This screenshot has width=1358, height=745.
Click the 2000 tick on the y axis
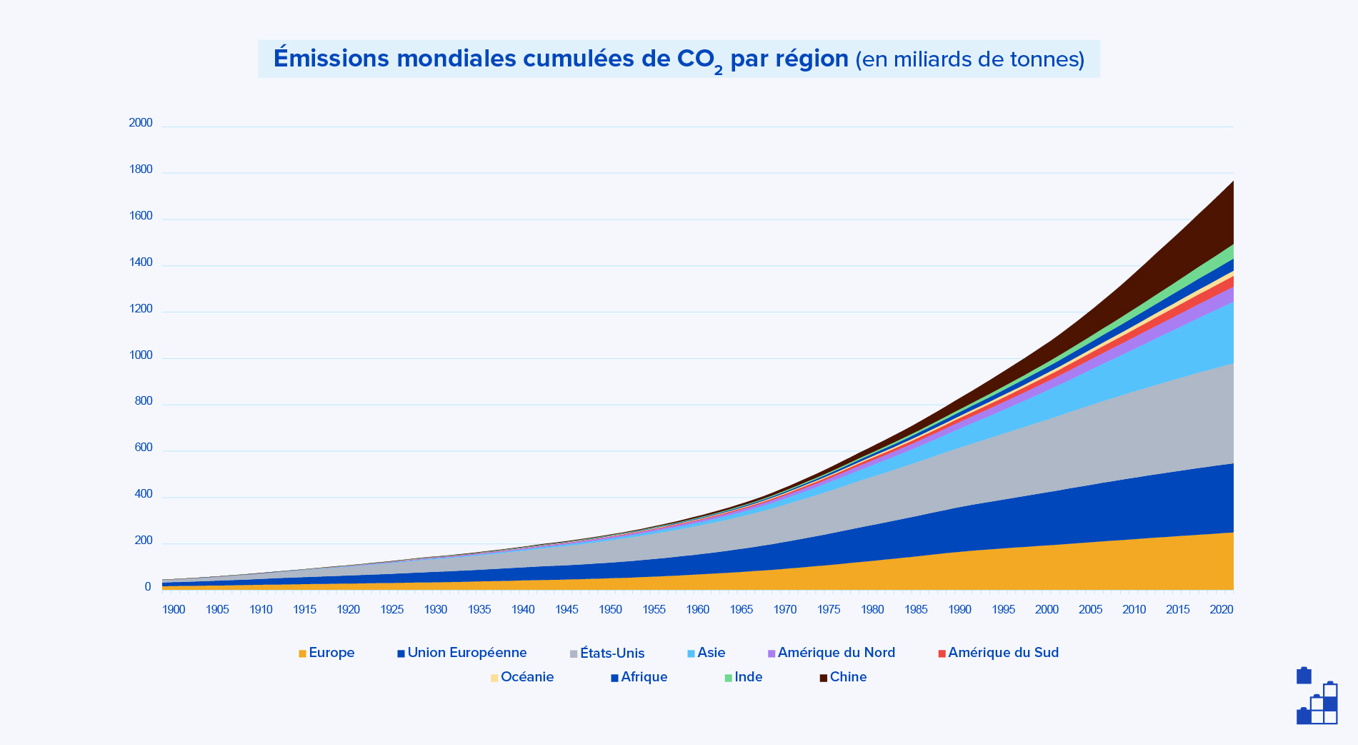coord(141,123)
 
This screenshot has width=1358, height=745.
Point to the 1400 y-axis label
coord(141,262)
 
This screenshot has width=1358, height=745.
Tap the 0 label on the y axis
coord(147,587)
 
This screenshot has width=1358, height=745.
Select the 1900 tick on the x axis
coord(174,610)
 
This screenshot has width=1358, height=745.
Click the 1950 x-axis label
coord(610,610)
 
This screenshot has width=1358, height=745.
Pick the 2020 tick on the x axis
coord(1221,610)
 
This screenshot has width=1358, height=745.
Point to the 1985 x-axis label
coord(916,610)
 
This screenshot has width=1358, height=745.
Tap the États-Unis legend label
coord(612,653)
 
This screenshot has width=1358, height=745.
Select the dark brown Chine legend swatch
coord(823,678)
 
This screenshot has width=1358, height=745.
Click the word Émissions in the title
coord(331,59)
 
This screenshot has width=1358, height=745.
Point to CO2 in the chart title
coord(699,60)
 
